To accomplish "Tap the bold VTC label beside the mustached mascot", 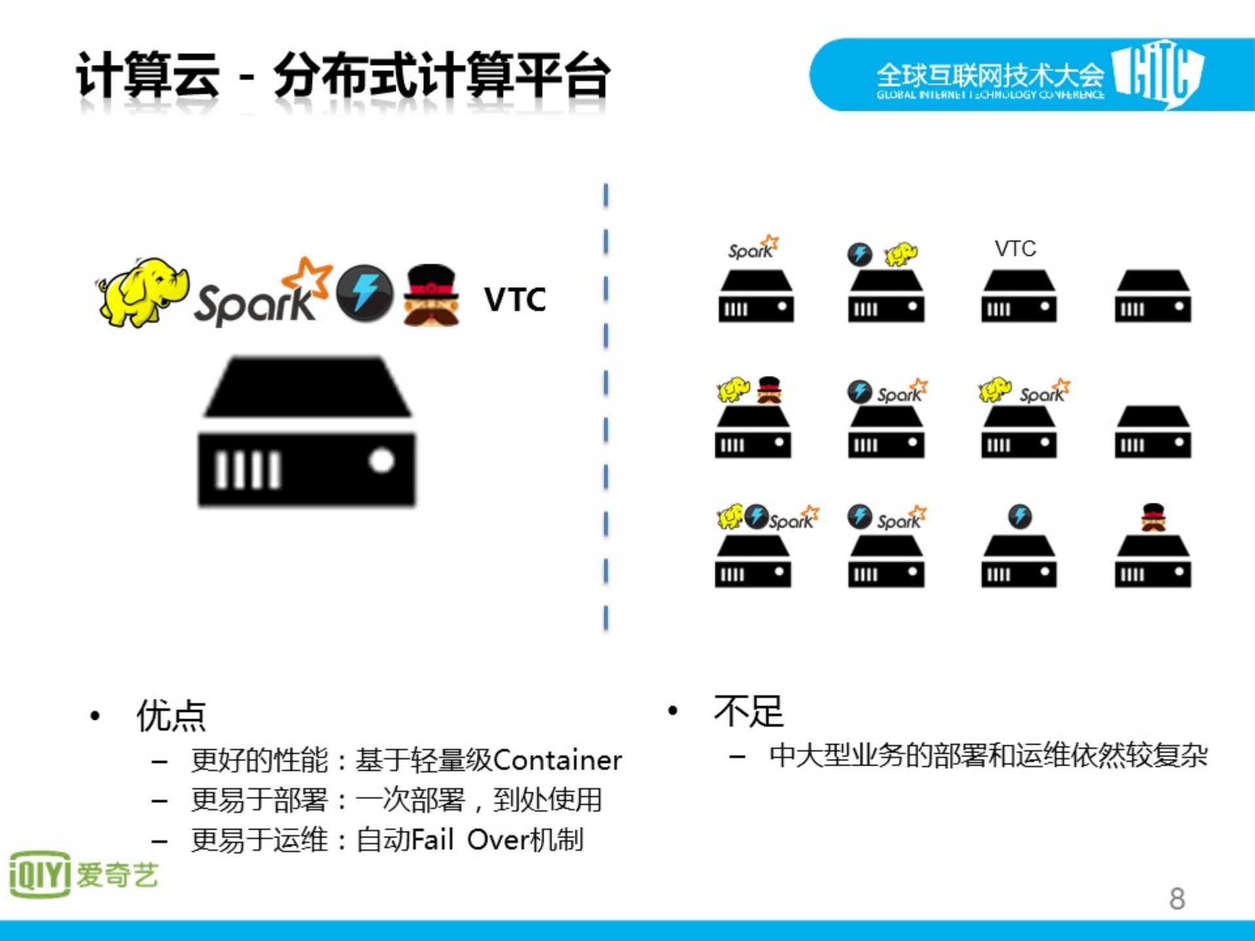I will [515, 299].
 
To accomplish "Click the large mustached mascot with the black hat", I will [431, 295].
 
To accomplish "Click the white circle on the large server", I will [381, 460].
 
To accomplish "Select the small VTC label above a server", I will [1015, 248].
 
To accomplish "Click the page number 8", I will [1177, 898].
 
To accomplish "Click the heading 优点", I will [171, 715].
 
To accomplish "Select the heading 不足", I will [748, 711].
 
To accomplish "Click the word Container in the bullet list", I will [557, 760].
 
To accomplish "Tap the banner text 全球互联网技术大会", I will [989, 75].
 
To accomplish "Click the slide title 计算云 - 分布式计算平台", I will [343, 76].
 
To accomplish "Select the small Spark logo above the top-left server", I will [753, 248].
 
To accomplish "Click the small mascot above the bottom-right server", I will [1153, 517].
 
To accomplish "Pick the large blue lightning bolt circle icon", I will [365, 293].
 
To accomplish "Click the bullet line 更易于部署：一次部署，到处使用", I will [396, 800].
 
